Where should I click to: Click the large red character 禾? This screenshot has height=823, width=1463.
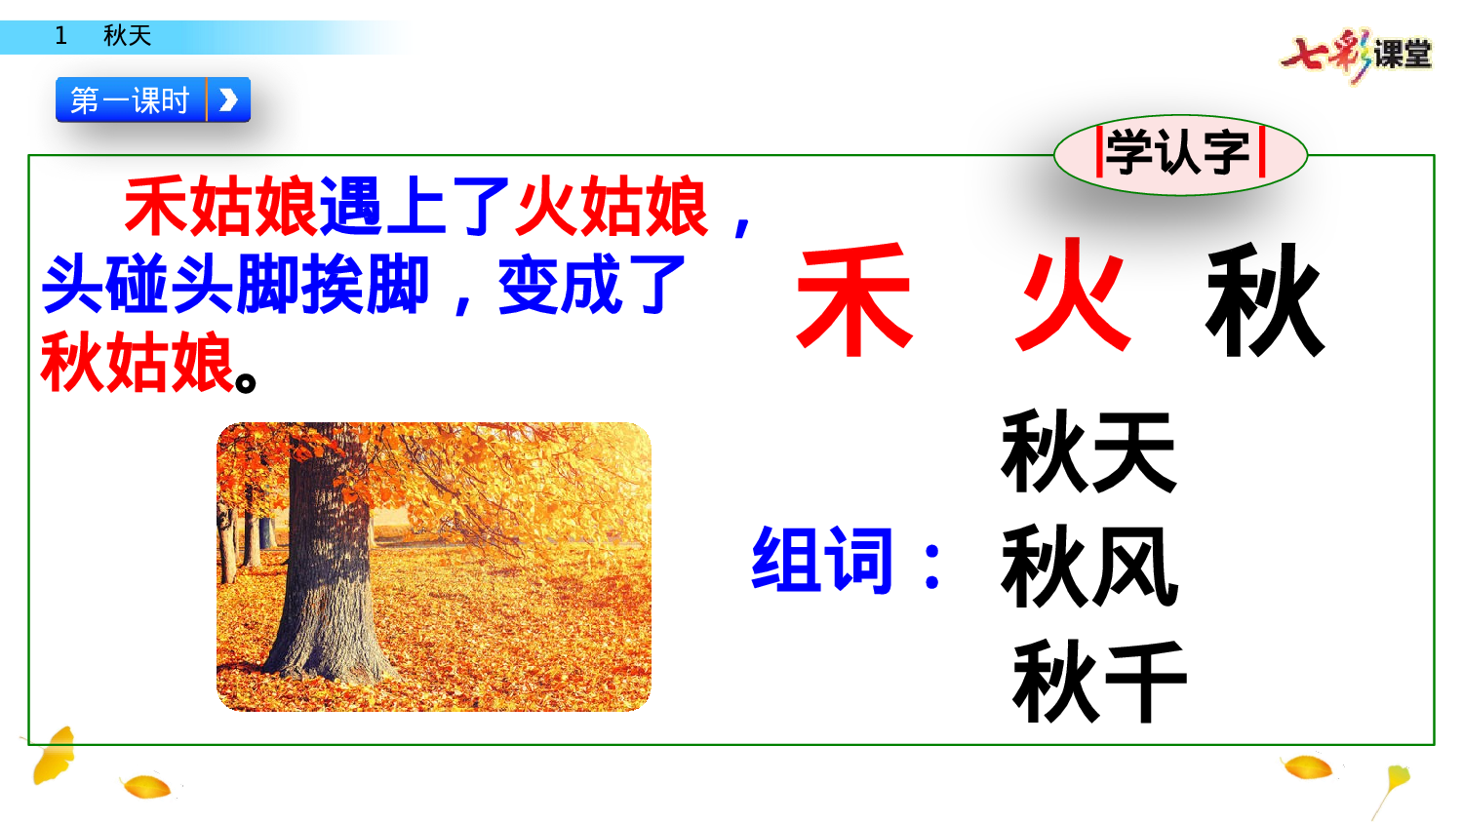[x=854, y=300]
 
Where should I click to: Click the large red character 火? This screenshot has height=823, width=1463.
[x=1074, y=296]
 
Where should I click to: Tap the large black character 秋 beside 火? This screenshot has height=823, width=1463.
[x=1265, y=300]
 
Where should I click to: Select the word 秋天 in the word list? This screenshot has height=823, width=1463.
[x=1088, y=451]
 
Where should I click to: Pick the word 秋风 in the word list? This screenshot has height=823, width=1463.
[x=1088, y=566]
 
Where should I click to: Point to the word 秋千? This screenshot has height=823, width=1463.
[x=1099, y=681]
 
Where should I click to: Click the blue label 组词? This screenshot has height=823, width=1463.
[x=822, y=560]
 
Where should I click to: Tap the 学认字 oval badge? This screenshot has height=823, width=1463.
[x=1180, y=153]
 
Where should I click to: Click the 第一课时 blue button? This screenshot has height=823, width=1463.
[x=131, y=99]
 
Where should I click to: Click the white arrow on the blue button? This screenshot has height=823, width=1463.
[x=229, y=99]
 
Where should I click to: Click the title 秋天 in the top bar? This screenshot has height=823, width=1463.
[x=127, y=36]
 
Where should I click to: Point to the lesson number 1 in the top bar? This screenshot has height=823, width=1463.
[x=61, y=36]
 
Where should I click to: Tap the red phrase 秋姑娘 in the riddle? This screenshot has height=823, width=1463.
[x=138, y=363]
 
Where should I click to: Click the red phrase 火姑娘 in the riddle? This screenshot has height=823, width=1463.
[x=612, y=207]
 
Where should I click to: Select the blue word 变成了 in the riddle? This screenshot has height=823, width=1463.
[x=592, y=286]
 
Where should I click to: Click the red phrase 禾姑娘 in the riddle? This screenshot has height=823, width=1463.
[x=220, y=207]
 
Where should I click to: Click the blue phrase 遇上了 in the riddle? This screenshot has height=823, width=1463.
[x=415, y=207]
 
